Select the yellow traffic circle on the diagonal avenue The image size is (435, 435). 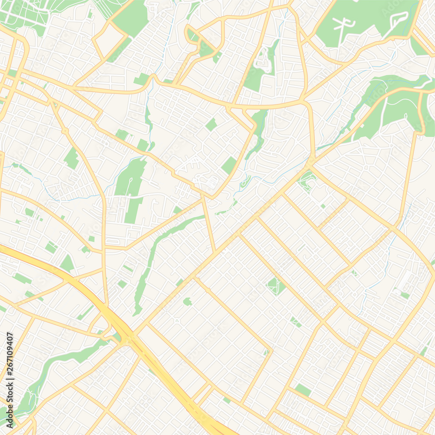[65, 130]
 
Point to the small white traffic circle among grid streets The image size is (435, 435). [177, 321]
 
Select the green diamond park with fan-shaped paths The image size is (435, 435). [276, 286]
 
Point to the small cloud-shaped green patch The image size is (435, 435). [187, 301]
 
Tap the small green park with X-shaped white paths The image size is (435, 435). [296, 322]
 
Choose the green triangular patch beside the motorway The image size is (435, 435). [67, 264]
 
